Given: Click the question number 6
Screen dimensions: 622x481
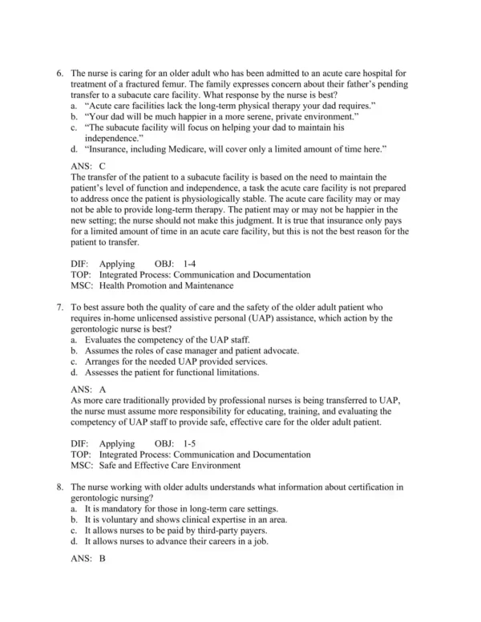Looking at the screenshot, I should point(59,73).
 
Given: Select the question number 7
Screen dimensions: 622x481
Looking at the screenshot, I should point(59,307).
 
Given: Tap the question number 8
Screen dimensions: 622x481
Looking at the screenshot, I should point(59,487).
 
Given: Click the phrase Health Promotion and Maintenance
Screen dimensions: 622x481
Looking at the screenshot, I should point(166,285).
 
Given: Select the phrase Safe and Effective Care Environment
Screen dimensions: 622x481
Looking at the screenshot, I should point(167,465).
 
